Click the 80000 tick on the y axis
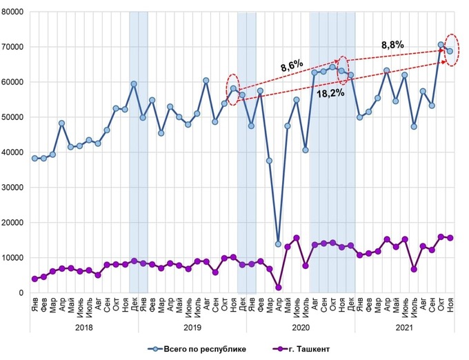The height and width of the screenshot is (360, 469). [x=12, y=12]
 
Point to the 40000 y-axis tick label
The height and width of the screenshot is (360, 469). [x=12, y=152]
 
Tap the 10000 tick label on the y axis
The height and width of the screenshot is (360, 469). [x=12, y=258]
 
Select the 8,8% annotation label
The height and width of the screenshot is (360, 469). [x=392, y=45]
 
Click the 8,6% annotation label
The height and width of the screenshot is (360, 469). [x=291, y=67]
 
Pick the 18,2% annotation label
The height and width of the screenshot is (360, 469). [x=330, y=92]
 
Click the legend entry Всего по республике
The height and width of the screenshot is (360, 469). [x=204, y=349]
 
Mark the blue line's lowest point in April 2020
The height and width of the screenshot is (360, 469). [x=279, y=244]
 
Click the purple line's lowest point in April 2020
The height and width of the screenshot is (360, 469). [x=279, y=288]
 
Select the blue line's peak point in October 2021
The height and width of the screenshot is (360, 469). [x=441, y=45]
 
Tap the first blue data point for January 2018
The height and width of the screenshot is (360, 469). [x=34, y=158]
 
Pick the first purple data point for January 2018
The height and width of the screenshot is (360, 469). [x=34, y=279]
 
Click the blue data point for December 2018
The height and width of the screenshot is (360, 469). [x=134, y=84]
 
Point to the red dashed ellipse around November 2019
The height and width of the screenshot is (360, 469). [x=233, y=90]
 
